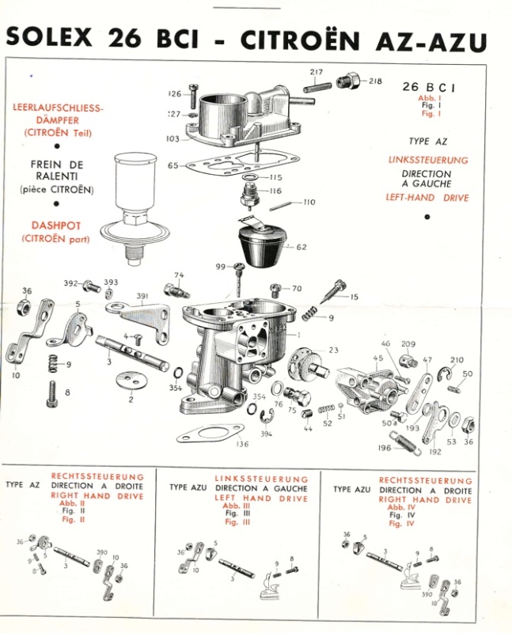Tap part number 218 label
point(374,81)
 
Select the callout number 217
point(317,72)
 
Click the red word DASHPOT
point(55,225)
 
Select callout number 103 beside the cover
point(173,138)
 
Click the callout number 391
point(142,298)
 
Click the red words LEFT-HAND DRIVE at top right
point(427,198)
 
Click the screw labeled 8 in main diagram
point(54,392)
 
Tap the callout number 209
point(408,344)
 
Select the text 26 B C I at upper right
point(427,86)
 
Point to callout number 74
point(179,275)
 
